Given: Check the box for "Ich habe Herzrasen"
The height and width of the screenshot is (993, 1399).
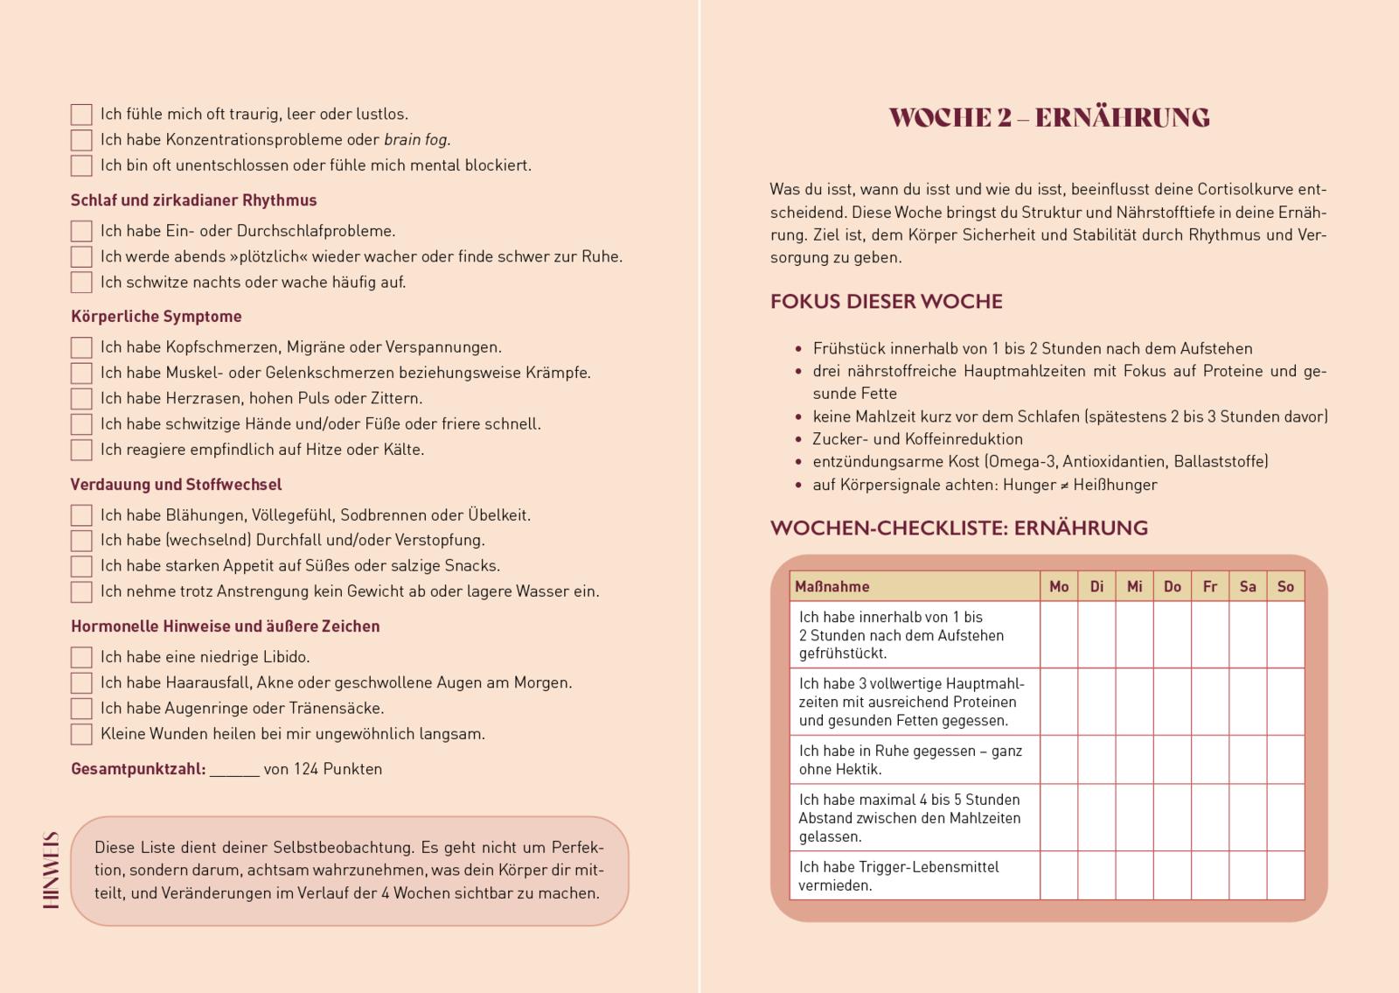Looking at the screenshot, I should [x=81, y=399].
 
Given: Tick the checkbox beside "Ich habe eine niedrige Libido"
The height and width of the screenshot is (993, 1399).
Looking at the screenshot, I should [x=81, y=658].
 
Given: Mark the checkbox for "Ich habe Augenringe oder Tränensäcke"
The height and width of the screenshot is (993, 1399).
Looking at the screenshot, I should [x=81, y=709].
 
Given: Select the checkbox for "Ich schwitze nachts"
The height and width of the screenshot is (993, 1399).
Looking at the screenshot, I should [x=81, y=283].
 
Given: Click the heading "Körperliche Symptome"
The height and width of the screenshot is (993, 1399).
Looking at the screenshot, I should [x=156, y=317].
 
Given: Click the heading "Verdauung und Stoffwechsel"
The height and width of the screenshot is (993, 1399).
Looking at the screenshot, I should [x=176, y=485].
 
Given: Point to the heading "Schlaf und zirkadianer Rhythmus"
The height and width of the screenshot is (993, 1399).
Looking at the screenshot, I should [x=193, y=200].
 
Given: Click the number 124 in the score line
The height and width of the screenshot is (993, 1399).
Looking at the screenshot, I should [x=306, y=770].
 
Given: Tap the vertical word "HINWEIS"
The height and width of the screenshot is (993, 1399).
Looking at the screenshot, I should [x=52, y=870].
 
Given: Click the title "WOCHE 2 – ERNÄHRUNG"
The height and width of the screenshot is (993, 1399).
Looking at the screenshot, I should [x=1048, y=118].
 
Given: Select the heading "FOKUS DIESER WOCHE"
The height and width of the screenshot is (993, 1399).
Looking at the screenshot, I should [x=886, y=302].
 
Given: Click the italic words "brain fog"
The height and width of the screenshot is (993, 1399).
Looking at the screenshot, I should [x=416, y=140].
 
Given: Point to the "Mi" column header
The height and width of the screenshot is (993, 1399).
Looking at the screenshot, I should [x=1134, y=587].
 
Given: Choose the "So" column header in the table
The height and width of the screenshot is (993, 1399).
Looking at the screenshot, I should [x=1284, y=587].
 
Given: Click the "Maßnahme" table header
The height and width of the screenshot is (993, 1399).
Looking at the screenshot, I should [x=832, y=587].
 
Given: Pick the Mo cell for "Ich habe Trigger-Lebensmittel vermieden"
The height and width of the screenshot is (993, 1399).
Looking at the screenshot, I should [x=1059, y=876].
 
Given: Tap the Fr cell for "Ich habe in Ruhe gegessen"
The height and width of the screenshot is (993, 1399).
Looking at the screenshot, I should [x=1209, y=759].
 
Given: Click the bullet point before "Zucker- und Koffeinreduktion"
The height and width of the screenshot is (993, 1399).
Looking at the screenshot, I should [x=798, y=440].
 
